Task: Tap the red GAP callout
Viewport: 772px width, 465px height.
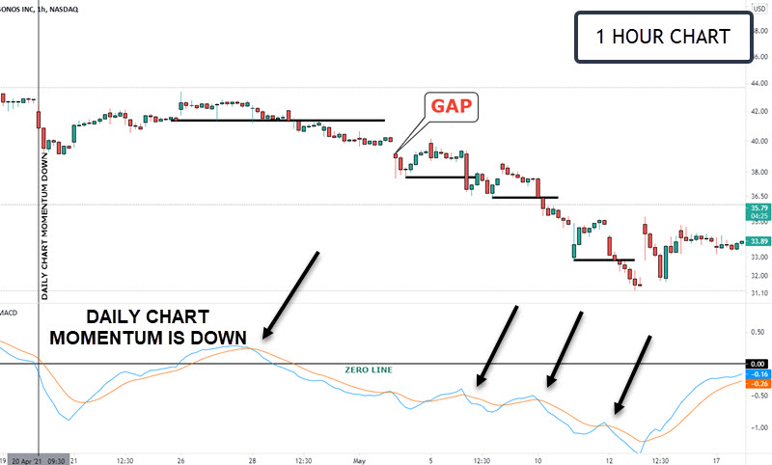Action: pos(452,106)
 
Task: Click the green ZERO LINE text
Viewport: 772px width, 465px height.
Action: pos(369,369)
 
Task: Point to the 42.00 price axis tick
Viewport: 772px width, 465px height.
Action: pos(758,112)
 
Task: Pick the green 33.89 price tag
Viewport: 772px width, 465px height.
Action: pos(758,242)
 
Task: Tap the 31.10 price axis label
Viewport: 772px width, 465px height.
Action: pos(758,293)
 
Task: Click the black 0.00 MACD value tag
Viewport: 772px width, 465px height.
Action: pos(758,363)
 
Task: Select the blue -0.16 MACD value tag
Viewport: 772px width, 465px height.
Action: pos(758,373)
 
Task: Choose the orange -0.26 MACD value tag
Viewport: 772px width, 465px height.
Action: pos(758,384)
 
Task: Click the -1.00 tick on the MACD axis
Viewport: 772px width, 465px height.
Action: pos(758,427)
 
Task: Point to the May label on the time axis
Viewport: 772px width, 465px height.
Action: pos(358,460)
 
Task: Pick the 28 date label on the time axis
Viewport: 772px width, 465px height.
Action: pos(251,460)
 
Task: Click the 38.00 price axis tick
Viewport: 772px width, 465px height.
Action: pos(758,173)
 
